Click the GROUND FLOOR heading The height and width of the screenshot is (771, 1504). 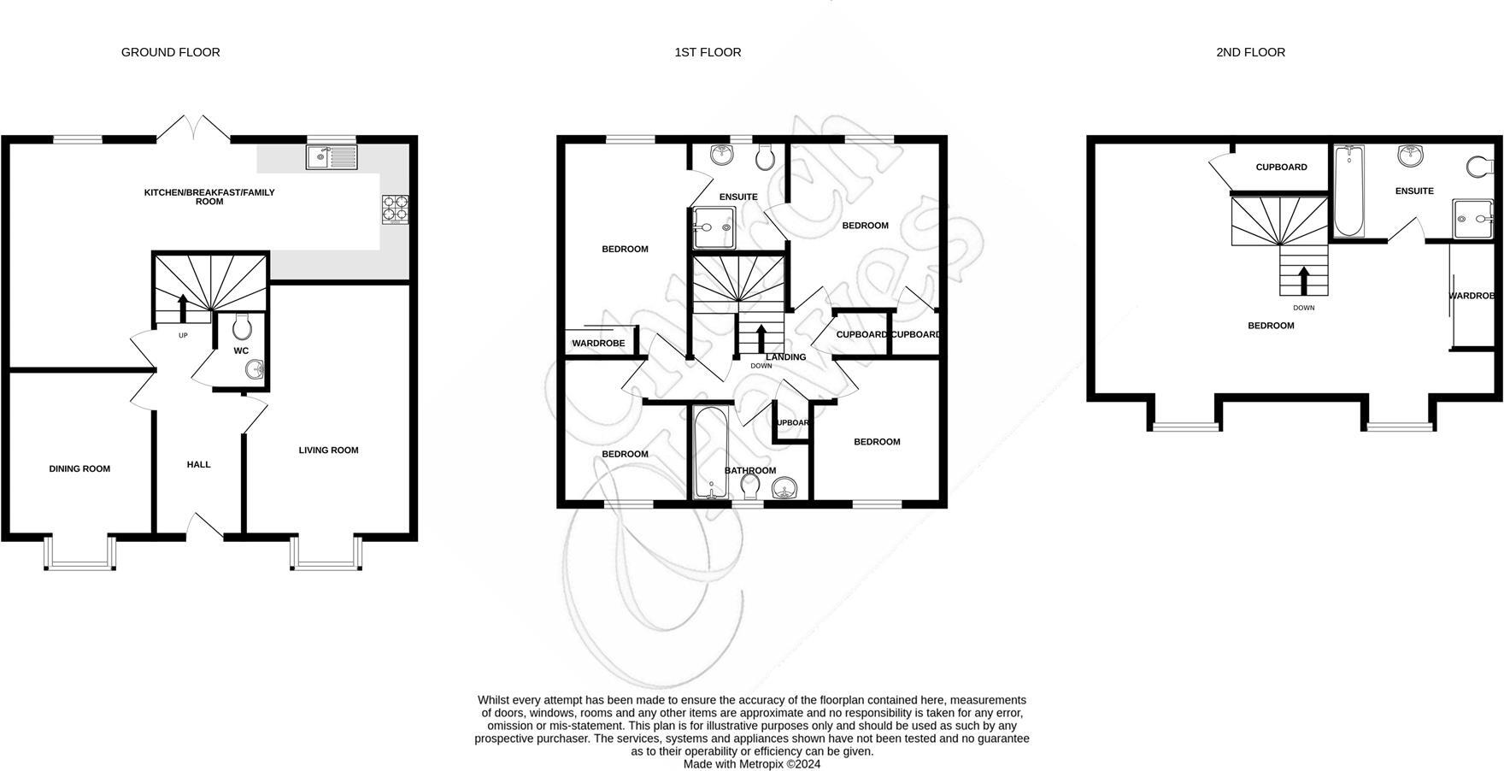tap(170, 52)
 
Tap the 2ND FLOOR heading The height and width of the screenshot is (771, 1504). tap(1250, 52)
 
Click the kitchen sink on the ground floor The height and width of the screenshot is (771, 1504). tap(332, 156)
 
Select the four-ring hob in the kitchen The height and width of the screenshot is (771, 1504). tap(396, 209)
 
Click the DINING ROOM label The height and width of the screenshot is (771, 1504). tap(79, 468)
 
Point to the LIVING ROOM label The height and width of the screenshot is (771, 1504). tap(328, 450)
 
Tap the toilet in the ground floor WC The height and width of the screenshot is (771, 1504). tap(242, 327)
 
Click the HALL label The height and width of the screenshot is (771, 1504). tap(198, 464)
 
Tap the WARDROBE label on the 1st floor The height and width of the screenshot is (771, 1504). tap(598, 343)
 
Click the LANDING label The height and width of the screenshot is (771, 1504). tap(785, 357)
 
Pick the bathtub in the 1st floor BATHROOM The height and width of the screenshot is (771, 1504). tap(710, 453)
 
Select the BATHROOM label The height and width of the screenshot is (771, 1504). tap(750, 471)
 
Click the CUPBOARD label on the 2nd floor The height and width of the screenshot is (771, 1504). tap(1281, 168)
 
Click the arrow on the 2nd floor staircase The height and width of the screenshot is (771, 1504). tap(1303, 279)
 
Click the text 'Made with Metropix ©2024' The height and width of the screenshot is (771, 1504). tap(751, 764)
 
